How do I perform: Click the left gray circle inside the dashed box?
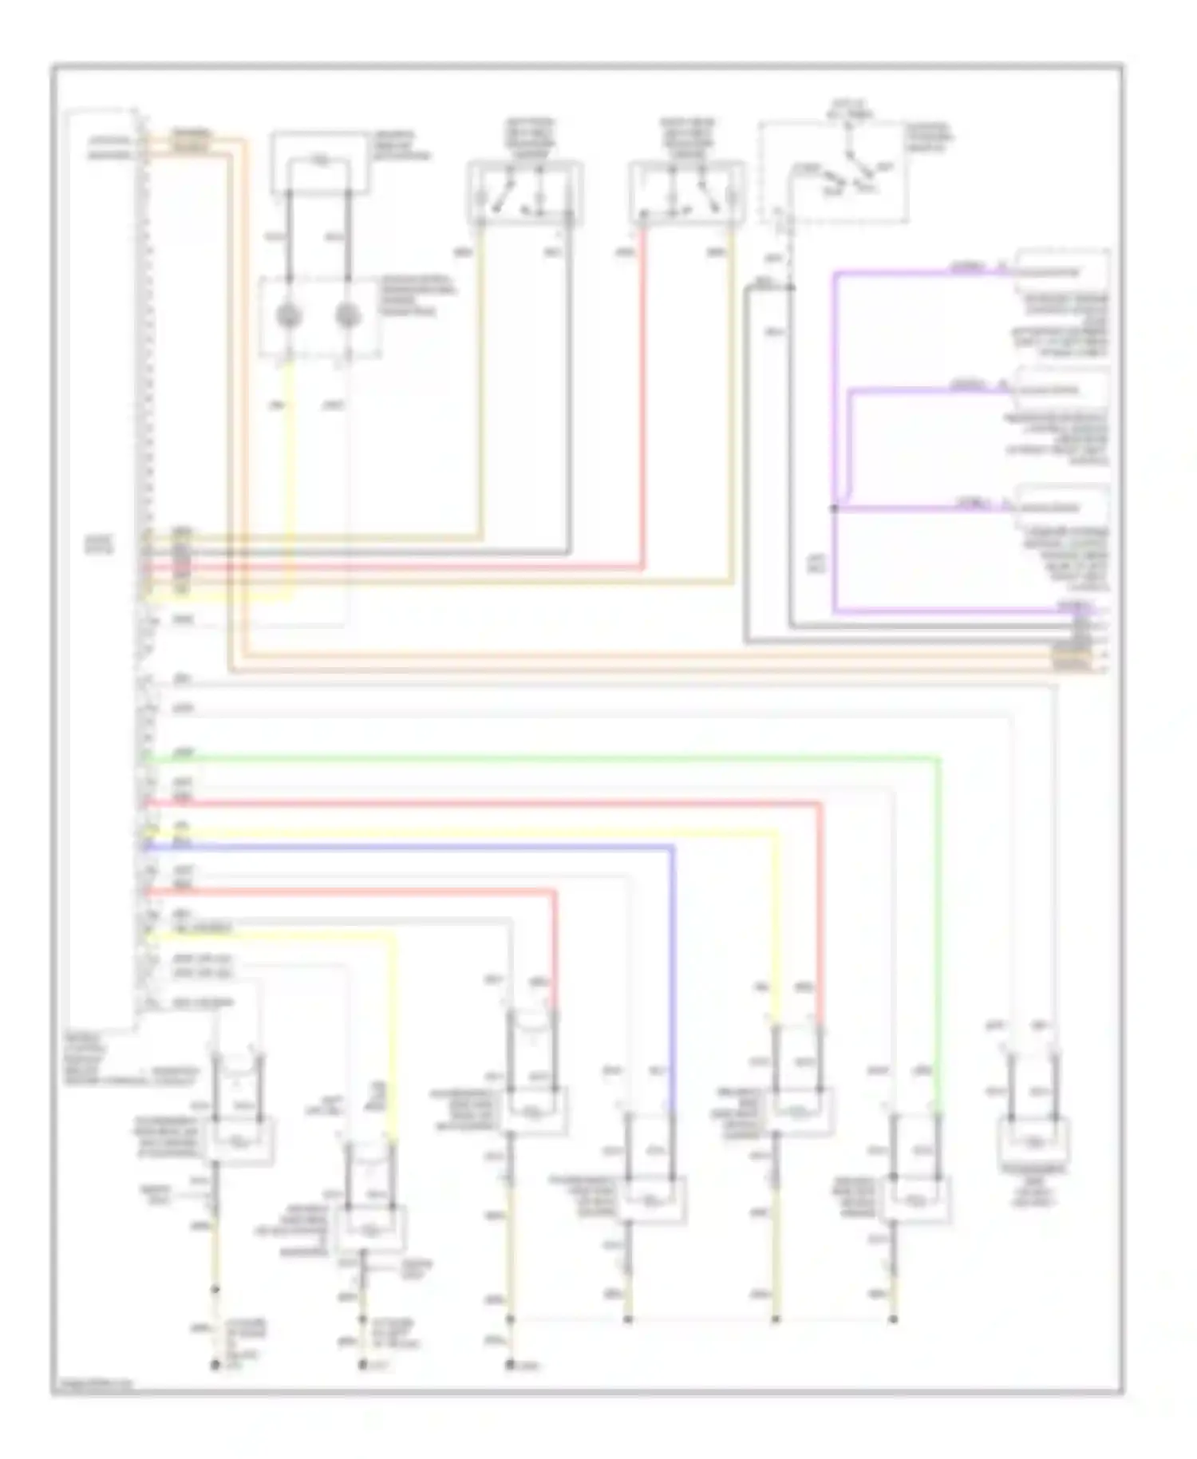pyautogui.click(x=289, y=316)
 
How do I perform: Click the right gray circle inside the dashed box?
pyautogui.click(x=347, y=316)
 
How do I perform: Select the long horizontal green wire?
pyautogui.click(x=543, y=757)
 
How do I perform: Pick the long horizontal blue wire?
pyautogui.click(x=407, y=846)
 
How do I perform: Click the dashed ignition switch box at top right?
pyautogui.click(x=835, y=172)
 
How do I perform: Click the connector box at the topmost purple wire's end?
pyautogui.click(x=1061, y=271)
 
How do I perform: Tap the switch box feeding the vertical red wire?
pyautogui.click(x=686, y=192)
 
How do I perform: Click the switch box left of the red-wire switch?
pyautogui.click(x=524, y=192)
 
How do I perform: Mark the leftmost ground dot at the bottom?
pyautogui.click(x=215, y=1365)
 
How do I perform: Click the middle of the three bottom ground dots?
pyautogui.click(x=363, y=1365)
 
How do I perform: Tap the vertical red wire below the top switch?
pyautogui.click(x=642, y=399)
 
